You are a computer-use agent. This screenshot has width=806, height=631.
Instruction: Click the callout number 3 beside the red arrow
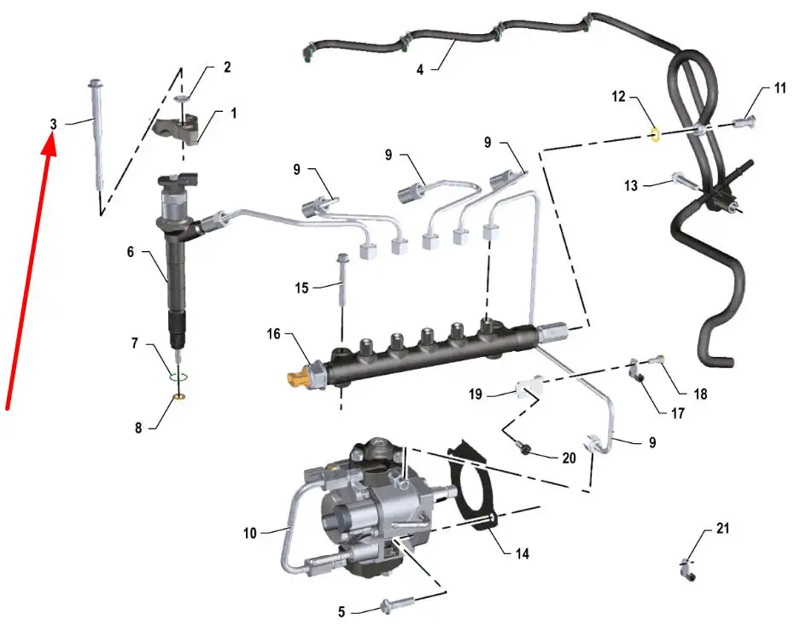[53, 124]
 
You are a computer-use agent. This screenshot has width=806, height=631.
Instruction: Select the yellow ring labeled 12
[656, 135]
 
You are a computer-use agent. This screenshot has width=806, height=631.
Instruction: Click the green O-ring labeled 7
[178, 378]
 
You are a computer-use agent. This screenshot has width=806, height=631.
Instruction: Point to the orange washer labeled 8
[179, 396]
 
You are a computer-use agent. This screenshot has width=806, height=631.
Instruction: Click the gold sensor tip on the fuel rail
[296, 378]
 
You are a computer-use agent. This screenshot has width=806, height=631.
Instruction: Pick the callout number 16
[273, 334]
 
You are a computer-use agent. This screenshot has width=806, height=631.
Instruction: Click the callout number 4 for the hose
[420, 69]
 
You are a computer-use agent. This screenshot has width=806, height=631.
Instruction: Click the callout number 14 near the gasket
[523, 553]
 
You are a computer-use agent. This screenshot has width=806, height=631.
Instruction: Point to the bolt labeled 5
[397, 604]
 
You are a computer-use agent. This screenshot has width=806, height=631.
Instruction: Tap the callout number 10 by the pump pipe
[250, 533]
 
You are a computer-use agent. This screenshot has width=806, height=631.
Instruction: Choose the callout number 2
[227, 67]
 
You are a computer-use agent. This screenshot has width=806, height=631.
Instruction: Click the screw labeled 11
[744, 122]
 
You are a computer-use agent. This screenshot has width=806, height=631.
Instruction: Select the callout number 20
[569, 458]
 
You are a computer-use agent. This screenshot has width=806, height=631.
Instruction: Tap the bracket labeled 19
[529, 388]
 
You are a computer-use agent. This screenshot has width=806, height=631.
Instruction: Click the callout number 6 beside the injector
[131, 252]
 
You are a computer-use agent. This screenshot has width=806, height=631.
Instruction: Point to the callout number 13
[631, 185]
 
